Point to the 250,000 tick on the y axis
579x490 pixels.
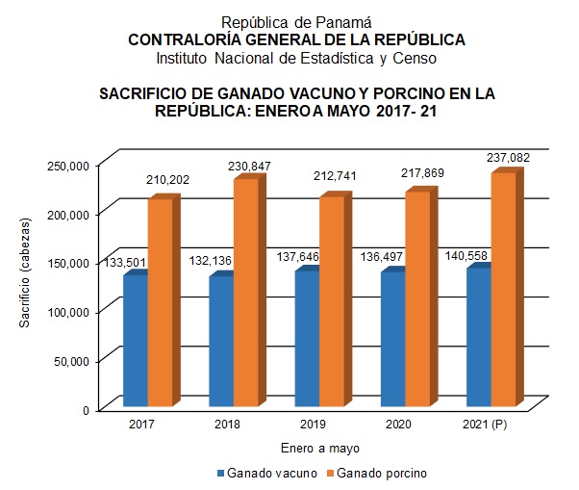click(67, 166)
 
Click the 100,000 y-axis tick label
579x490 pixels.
click(67, 311)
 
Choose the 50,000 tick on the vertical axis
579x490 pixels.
click(71, 360)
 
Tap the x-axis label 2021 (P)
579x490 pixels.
click(486, 425)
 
